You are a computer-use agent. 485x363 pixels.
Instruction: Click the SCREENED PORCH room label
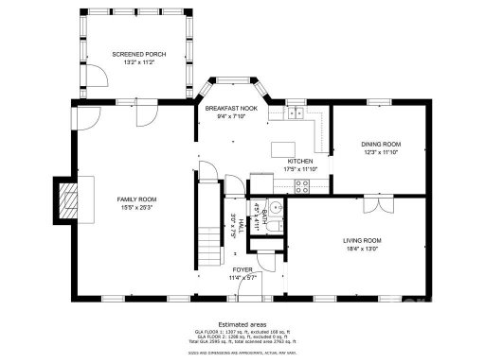[138, 54]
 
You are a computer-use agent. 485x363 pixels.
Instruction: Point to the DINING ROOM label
[381, 144]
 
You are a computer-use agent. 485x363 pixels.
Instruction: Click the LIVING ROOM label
[362, 240]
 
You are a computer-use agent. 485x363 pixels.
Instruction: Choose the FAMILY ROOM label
[136, 199]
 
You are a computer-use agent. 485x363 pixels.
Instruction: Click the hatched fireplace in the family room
[68, 199]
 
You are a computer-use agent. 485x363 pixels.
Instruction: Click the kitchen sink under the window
[295, 114]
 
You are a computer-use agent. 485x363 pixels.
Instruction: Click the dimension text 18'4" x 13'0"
[362, 251]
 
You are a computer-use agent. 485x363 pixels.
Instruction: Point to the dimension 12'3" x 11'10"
[381, 152]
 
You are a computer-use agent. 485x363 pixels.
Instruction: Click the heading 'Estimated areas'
[242, 322]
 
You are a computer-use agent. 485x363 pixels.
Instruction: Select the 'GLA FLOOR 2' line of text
[242, 336]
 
